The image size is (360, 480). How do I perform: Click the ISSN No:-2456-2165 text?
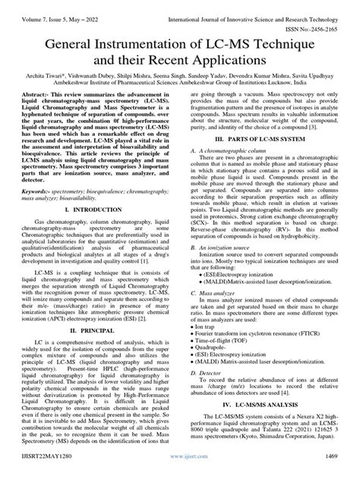tap(321, 17)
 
